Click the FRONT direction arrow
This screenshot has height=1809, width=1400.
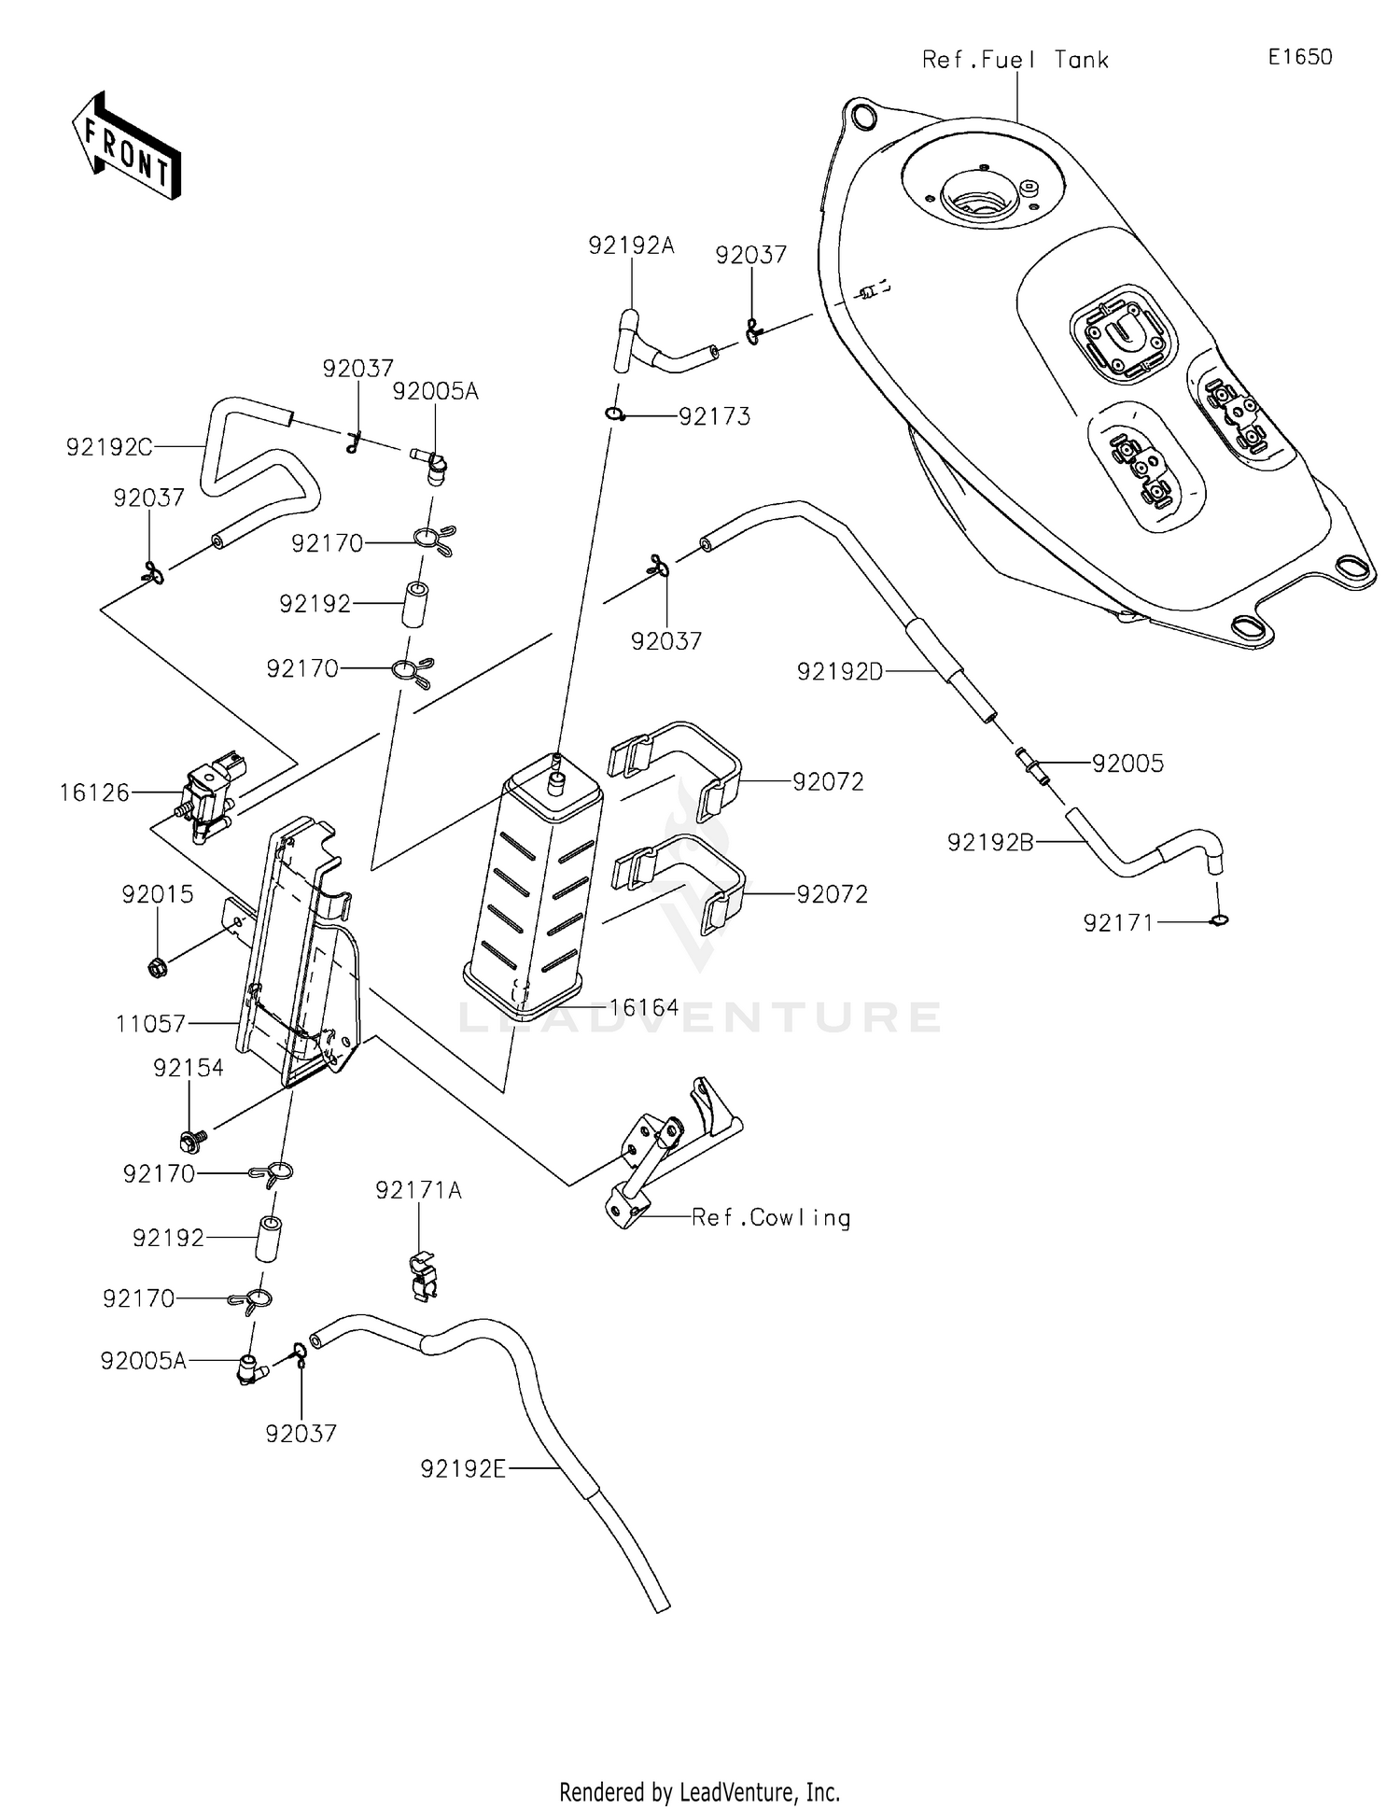pos(126,147)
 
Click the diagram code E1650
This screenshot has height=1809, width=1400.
pos(1299,57)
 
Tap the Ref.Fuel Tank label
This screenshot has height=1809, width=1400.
pos(1015,60)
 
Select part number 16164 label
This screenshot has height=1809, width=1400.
pos(644,1007)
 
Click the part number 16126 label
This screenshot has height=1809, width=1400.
pos(93,792)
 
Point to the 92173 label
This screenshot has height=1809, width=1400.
pos(714,416)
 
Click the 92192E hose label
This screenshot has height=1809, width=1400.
pos(463,1469)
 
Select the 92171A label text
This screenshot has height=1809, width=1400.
pos(418,1190)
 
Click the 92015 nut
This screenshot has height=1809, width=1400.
pos(158,968)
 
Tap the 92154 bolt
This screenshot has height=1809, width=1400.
pos(192,1139)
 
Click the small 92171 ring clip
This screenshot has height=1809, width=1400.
pos(1218,921)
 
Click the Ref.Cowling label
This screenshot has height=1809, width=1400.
pos(771,1217)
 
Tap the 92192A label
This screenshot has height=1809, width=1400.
pos(631,245)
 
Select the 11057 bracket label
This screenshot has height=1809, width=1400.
pos(150,1024)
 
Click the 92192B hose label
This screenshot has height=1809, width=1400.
pos(990,842)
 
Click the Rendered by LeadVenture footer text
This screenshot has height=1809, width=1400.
pos(699,1791)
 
